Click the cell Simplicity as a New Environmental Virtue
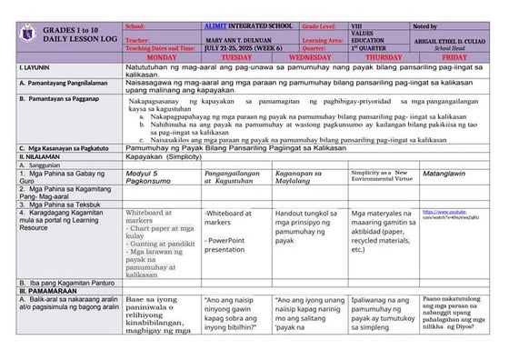(x=381, y=175)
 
